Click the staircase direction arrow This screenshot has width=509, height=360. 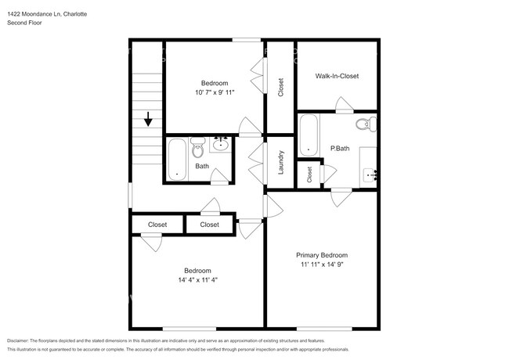(x=148, y=119)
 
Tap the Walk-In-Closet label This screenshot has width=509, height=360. (x=337, y=76)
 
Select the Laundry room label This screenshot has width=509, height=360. (x=280, y=162)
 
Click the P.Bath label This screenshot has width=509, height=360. (x=339, y=148)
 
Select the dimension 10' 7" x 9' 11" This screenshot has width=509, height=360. (x=214, y=92)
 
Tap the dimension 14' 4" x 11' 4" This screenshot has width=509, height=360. (x=197, y=280)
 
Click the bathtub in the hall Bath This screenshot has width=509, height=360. (x=176, y=160)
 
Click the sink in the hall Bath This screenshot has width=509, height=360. (x=222, y=143)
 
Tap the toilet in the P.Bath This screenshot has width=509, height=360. (x=365, y=124)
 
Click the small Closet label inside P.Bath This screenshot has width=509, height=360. (x=309, y=175)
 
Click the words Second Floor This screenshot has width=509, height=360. (x=26, y=23)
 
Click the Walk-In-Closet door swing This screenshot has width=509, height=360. (x=343, y=104)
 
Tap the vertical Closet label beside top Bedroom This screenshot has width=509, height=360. (x=280, y=88)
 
